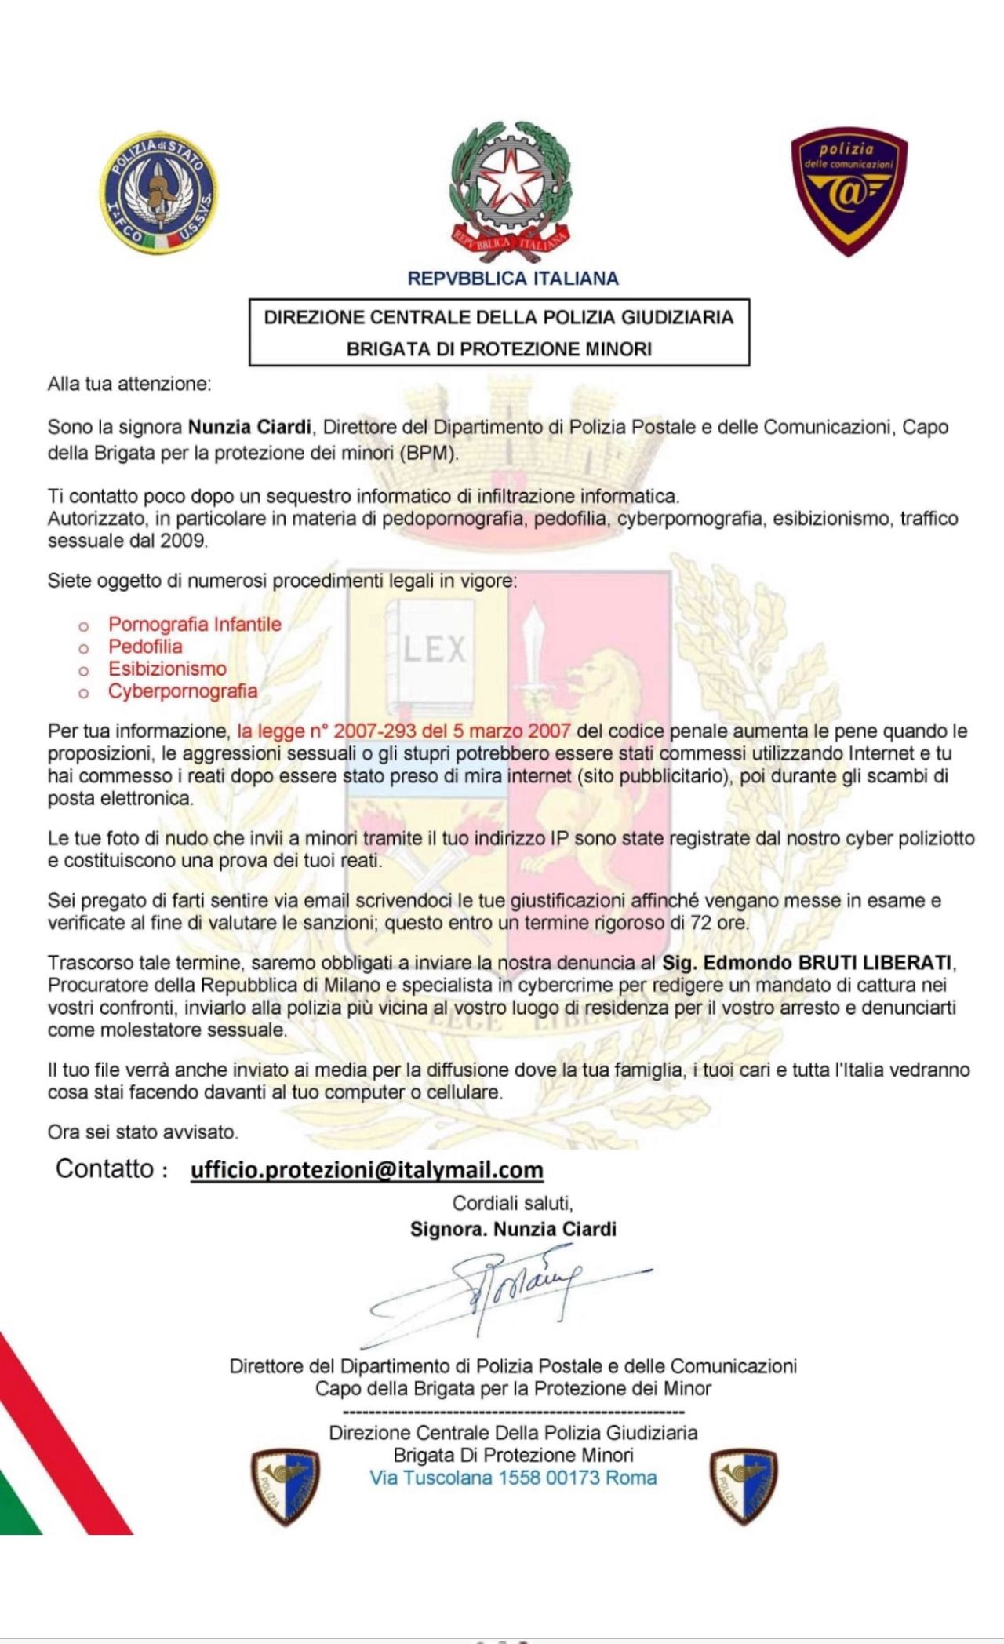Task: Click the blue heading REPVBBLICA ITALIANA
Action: (513, 279)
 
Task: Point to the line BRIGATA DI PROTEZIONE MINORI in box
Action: (499, 349)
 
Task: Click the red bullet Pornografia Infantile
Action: (195, 625)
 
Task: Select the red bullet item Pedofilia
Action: (145, 647)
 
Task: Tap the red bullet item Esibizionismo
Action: (167, 669)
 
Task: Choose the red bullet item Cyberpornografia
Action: (183, 691)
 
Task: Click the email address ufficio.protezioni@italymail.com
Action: (367, 1170)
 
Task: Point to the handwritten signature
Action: (510, 1286)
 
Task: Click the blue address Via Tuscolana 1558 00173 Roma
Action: (513, 1478)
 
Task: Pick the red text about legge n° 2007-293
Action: (404, 731)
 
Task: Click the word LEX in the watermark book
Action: (435, 650)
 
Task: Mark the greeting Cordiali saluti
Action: (512, 1203)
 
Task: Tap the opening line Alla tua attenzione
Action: (129, 385)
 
